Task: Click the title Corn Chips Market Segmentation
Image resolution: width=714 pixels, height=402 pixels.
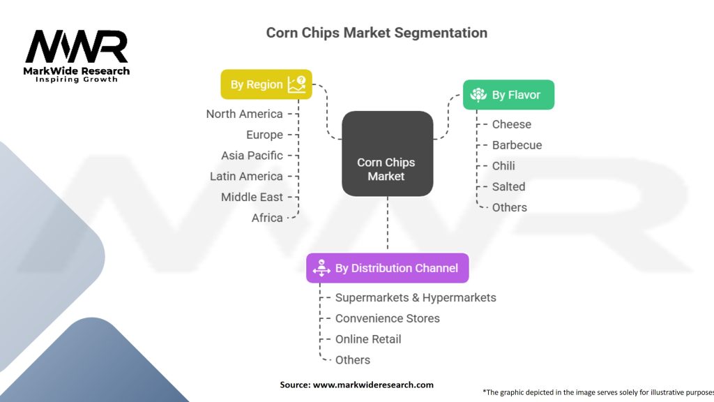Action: (x=377, y=33)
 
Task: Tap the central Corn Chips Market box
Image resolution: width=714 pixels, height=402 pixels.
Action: (x=387, y=154)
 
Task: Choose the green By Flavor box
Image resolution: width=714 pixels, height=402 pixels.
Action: (x=508, y=95)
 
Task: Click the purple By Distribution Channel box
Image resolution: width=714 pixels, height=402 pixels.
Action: (x=387, y=268)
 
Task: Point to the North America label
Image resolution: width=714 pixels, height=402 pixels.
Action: (x=244, y=114)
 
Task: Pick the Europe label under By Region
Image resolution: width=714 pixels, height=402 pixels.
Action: (x=264, y=135)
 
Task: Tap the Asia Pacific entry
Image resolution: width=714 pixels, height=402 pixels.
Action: (x=252, y=156)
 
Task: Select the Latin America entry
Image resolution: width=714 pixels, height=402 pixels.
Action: (x=246, y=177)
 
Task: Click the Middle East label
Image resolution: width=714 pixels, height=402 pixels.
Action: (x=252, y=197)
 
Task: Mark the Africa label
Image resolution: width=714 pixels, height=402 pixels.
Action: (x=267, y=218)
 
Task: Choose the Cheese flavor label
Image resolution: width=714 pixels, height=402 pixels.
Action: (x=511, y=124)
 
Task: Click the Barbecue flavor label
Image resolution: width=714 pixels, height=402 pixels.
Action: (x=517, y=145)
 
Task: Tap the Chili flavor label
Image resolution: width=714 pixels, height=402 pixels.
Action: (x=503, y=166)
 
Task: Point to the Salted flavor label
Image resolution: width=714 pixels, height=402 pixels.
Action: (x=508, y=186)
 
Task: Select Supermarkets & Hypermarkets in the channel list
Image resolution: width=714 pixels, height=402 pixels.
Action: (x=416, y=297)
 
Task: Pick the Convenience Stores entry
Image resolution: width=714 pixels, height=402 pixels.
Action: (x=387, y=318)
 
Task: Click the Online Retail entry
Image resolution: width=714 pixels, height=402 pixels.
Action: (x=368, y=339)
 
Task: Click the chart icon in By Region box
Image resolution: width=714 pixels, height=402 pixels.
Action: (x=296, y=84)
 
